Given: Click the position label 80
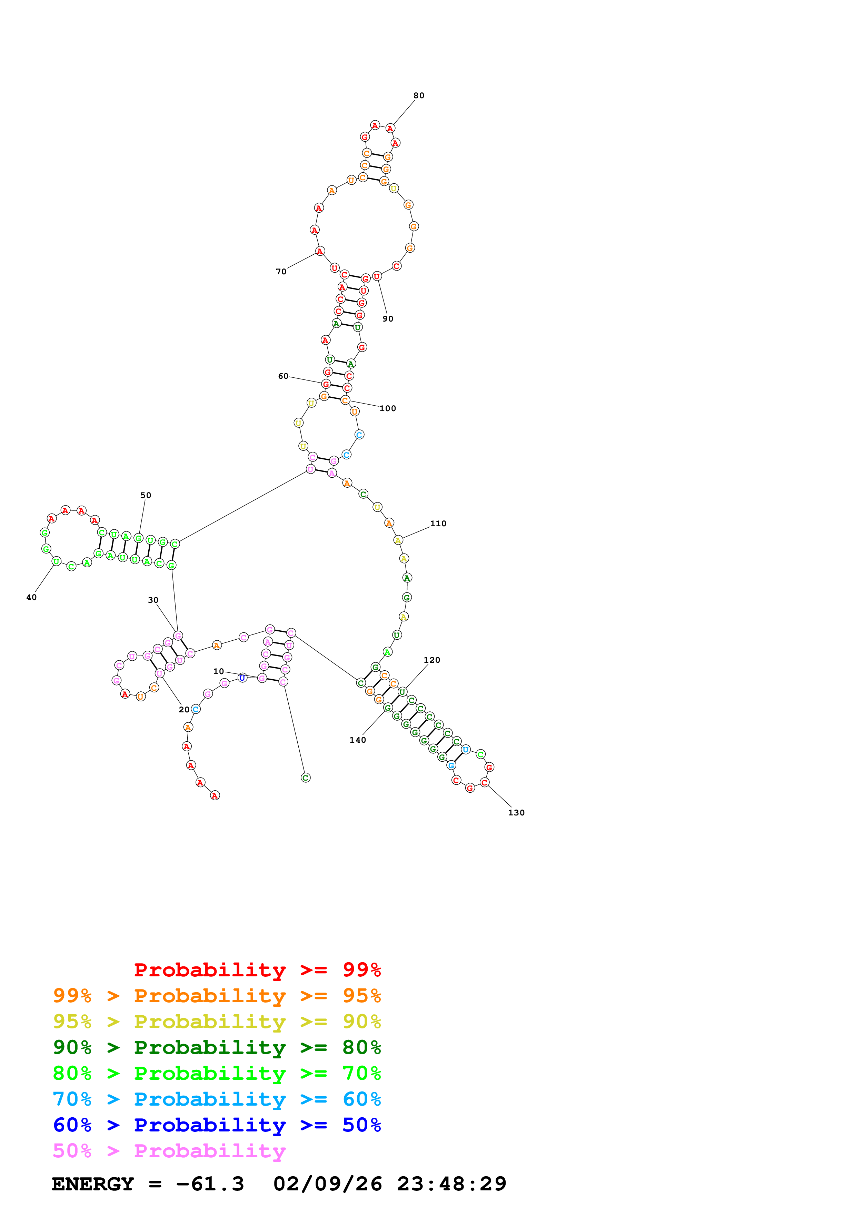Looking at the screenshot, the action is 418,95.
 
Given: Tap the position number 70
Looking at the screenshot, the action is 281,272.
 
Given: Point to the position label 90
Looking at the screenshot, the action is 388,318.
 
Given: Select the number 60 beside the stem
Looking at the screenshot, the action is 284,376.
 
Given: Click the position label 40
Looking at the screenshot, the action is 32,597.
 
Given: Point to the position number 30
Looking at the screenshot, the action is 153,600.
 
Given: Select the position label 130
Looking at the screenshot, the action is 516,813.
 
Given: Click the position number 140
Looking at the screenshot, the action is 358,740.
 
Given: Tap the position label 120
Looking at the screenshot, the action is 432,660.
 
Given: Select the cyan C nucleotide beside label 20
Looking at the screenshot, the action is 196,709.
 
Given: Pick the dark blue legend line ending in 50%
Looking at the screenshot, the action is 217,1125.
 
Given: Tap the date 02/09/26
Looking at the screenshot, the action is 328,1184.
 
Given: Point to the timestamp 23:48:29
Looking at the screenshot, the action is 451,1184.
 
